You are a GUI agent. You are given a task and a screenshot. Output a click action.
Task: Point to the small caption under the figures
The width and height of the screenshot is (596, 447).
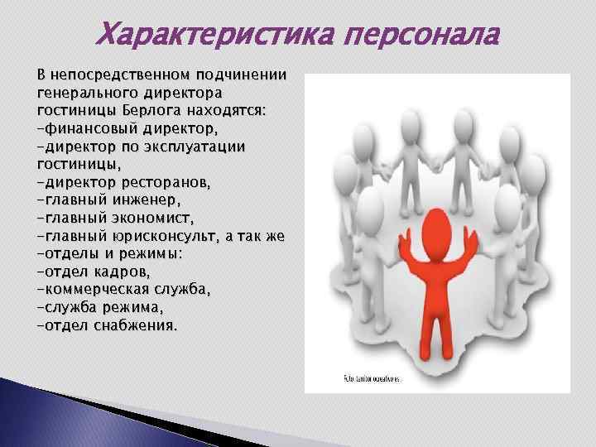click(x=371, y=378)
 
